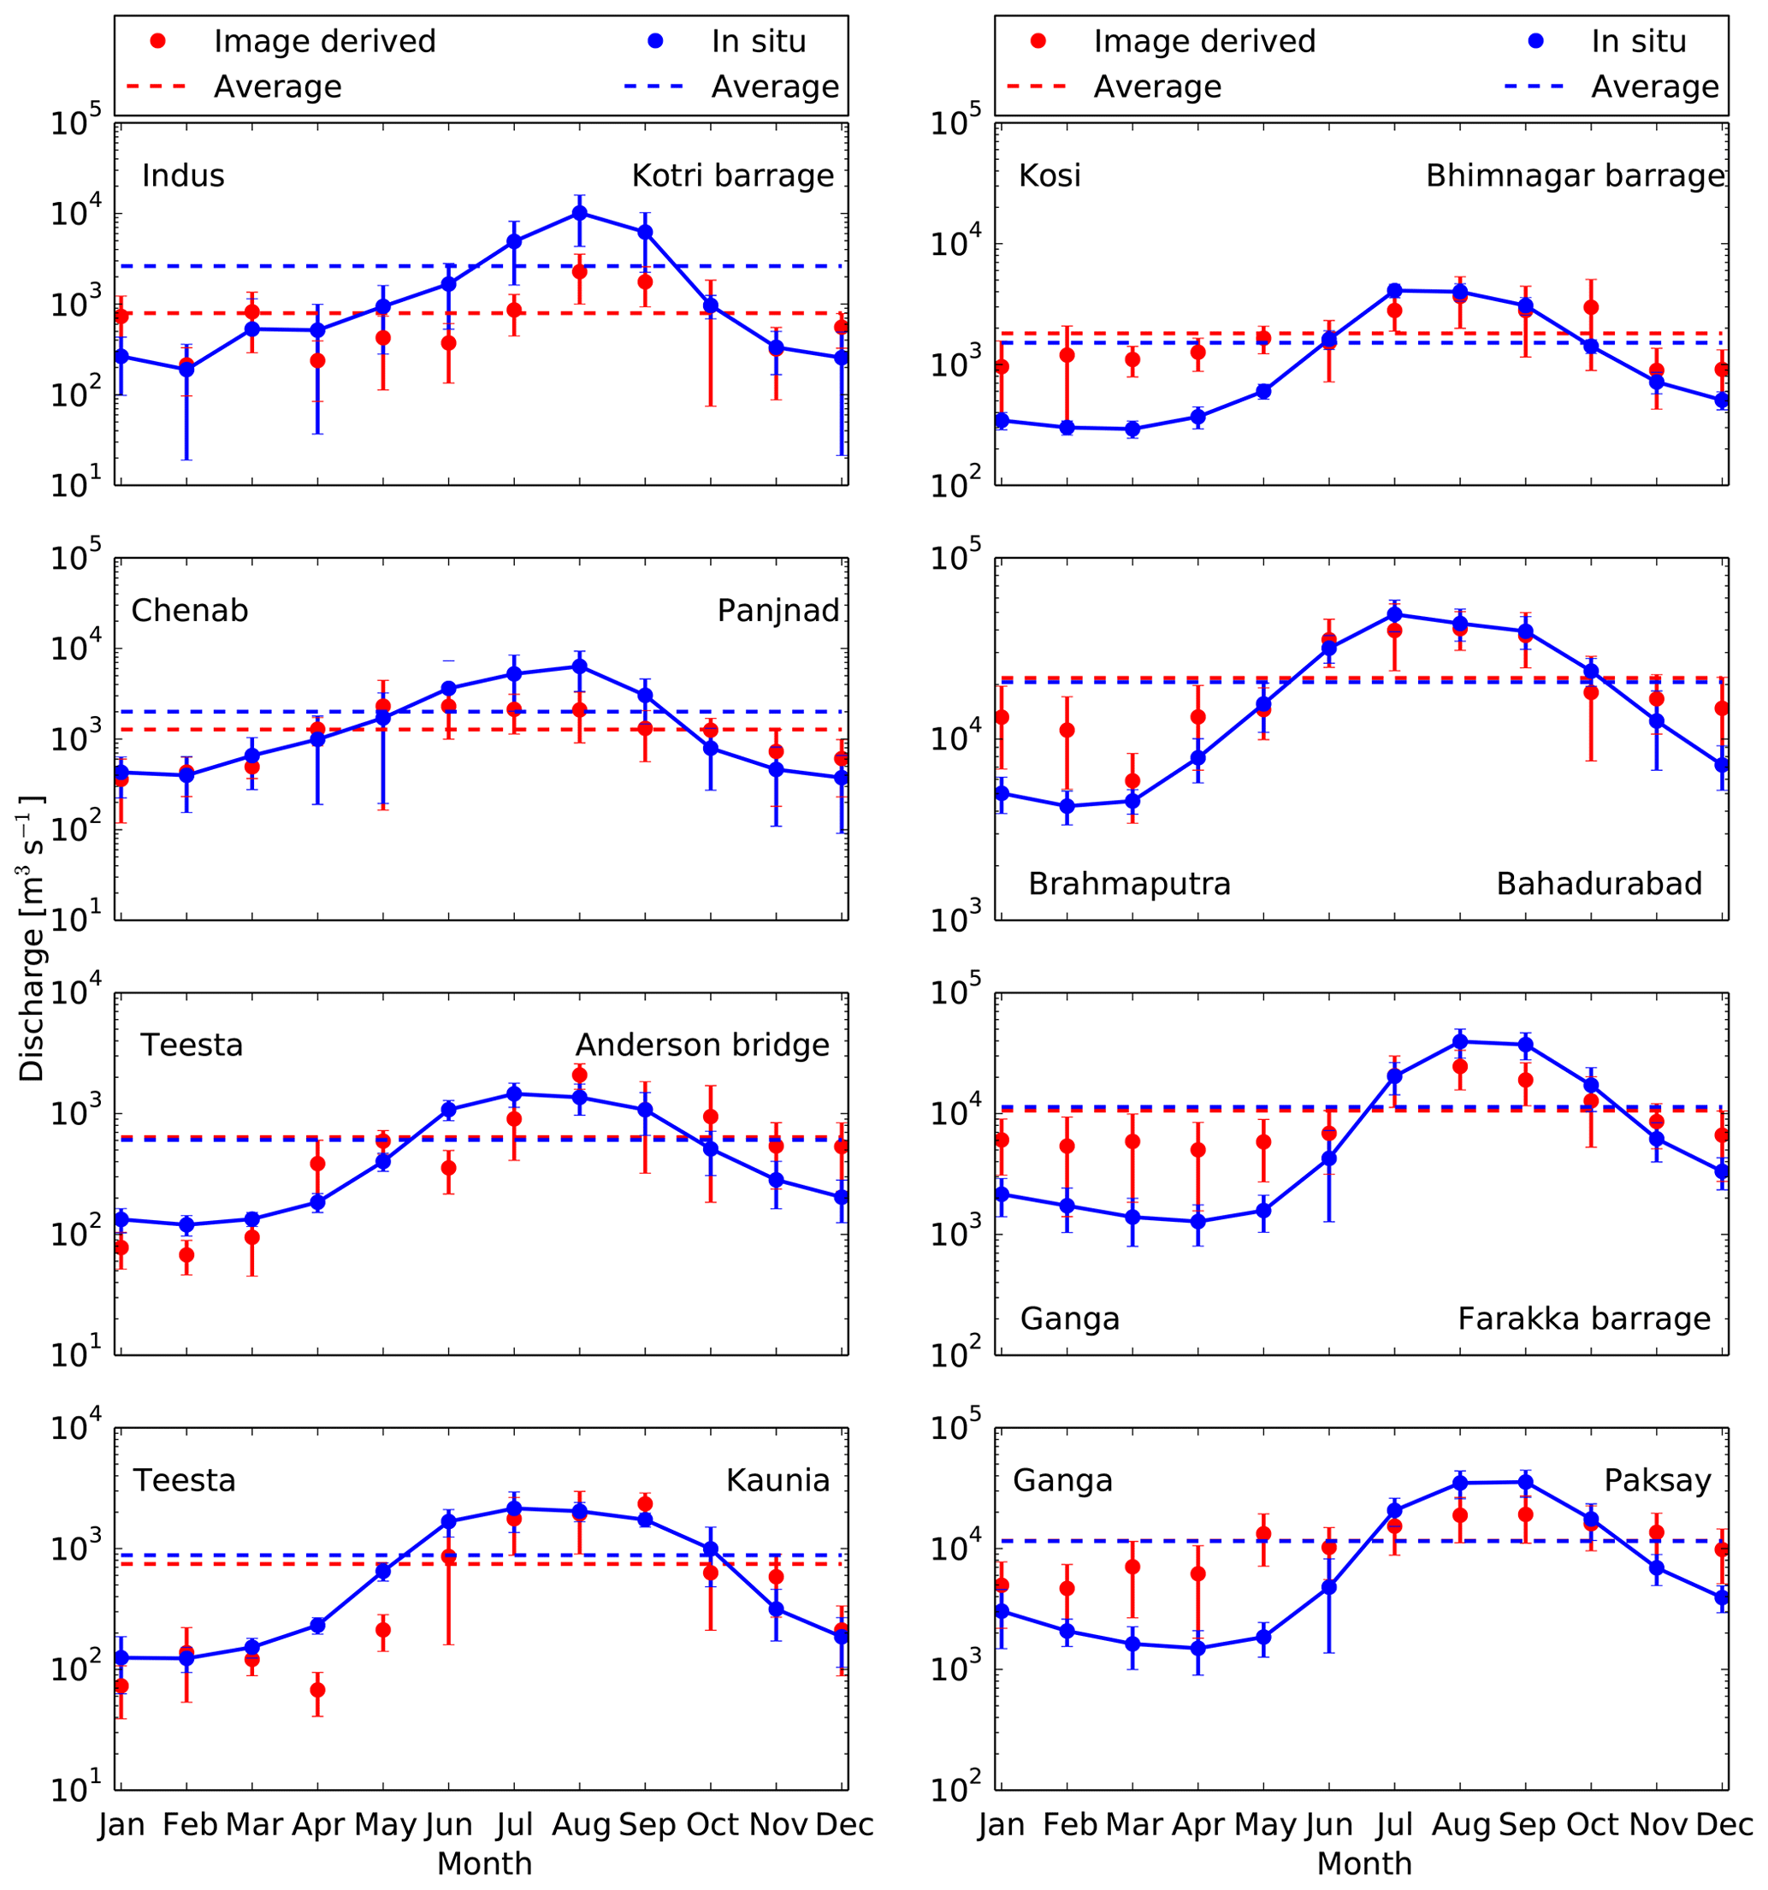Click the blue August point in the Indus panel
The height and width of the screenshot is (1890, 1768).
point(580,213)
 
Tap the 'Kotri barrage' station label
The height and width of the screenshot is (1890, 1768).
point(733,176)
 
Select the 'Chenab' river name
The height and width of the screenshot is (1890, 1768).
point(189,610)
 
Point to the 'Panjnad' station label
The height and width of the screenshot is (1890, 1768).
point(778,610)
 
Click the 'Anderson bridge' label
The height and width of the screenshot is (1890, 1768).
point(702,1046)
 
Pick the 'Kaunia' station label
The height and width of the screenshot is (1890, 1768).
point(778,1480)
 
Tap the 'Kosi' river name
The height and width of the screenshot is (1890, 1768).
point(1050,176)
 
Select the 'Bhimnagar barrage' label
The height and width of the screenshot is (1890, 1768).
point(1575,176)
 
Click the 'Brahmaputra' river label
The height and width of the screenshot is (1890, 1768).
point(1129,884)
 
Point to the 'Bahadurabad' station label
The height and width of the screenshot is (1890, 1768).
point(1599,884)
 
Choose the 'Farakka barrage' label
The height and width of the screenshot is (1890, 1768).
point(1583,1318)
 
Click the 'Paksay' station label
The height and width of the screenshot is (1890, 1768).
point(1658,1480)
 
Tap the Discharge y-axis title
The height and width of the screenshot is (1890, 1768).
point(33,939)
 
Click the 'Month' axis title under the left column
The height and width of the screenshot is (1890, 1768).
point(484,1863)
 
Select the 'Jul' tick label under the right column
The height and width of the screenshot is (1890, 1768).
point(1394,1824)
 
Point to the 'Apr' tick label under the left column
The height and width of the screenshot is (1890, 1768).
point(317,1824)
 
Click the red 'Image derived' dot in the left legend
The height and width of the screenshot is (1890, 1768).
point(159,41)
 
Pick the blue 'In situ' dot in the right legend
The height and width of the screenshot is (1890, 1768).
point(1536,41)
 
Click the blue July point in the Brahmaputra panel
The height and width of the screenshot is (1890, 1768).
point(1394,615)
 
